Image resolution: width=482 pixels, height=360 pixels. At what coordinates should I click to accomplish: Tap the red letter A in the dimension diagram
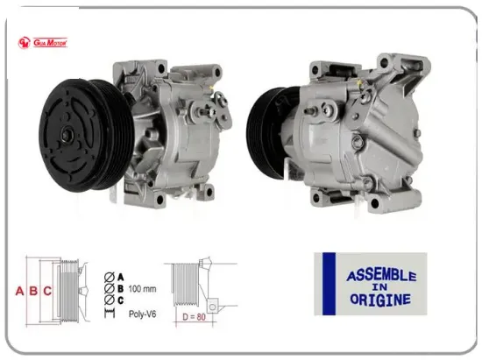(x=19, y=291)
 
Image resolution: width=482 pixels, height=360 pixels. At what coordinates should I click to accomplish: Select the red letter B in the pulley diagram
(x=33, y=291)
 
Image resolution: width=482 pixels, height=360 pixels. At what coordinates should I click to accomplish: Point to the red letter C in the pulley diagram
(x=47, y=291)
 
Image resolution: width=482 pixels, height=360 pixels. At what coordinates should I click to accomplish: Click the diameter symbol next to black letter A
(x=108, y=275)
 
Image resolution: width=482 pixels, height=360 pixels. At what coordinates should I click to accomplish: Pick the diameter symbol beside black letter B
(x=108, y=287)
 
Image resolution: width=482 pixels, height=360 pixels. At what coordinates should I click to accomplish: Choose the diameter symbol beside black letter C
(x=108, y=300)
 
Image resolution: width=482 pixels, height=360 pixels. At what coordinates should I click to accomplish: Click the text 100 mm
(x=142, y=288)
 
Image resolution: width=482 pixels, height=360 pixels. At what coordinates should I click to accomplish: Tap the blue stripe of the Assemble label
(x=329, y=284)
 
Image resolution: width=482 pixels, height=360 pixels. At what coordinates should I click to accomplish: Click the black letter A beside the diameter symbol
(x=120, y=275)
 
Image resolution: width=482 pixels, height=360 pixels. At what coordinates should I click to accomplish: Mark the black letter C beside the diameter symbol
(x=120, y=300)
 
